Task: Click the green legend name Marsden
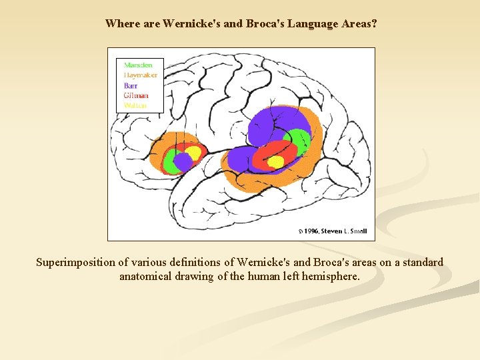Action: (138, 65)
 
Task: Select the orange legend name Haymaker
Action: (141, 75)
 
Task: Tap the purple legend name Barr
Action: (131, 85)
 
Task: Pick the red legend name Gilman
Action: (136, 95)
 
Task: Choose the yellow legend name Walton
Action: (135, 105)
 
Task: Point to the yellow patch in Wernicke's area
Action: (275, 161)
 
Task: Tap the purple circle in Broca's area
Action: (183, 161)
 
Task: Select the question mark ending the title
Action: (375, 24)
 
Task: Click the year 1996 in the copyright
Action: (309, 231)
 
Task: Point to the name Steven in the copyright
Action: (333, 231)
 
